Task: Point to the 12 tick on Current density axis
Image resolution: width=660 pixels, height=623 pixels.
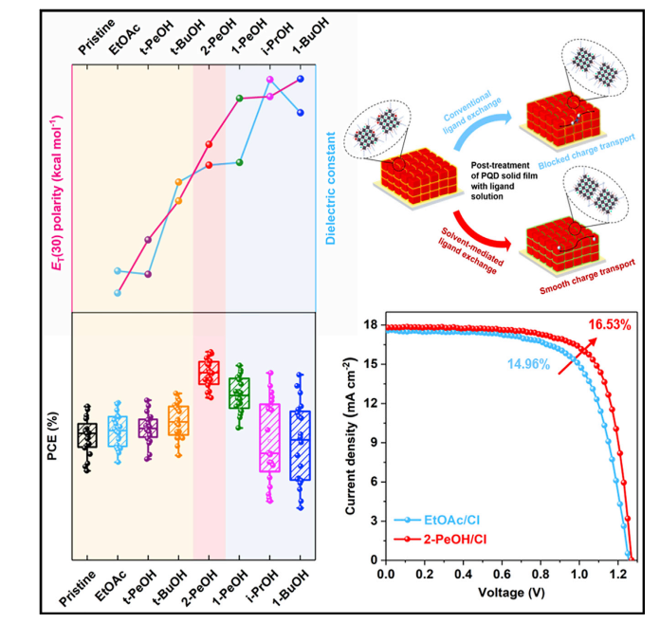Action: pyautogui.click(x=370, y=404)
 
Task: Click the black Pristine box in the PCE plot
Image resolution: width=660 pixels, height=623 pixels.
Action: pyautogui.click(x=87, y=436)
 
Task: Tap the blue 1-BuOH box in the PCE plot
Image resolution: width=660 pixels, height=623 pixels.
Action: pyautogui.click(x=300, y=446)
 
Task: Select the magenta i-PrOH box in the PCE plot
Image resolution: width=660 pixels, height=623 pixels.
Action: pyautogui.click(x=269, y=437)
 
